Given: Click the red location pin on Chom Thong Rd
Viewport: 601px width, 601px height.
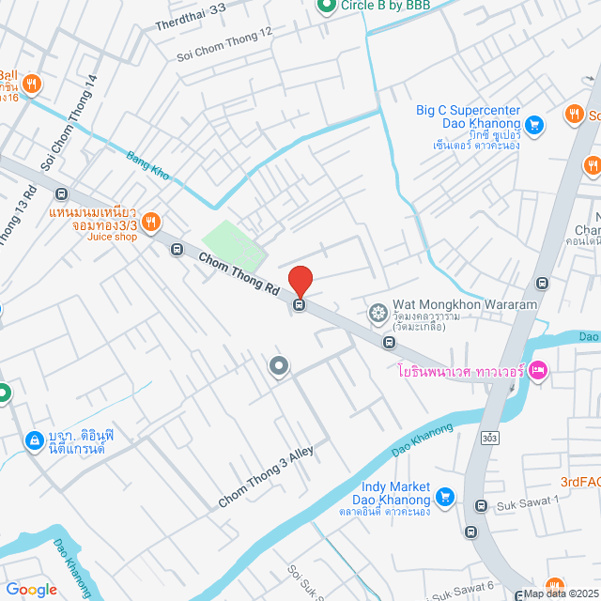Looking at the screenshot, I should [x=300, y=281].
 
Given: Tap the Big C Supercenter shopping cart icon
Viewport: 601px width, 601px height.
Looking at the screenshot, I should [x=533, y=124].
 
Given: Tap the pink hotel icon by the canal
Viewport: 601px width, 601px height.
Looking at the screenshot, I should [x=538, y=372].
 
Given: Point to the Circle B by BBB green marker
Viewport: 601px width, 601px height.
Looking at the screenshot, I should [x=326, y=6].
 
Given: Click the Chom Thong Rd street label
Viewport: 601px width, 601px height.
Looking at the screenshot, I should [x=239, y=272].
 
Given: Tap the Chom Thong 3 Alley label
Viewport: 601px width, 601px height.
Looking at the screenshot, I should [x=266, y=479].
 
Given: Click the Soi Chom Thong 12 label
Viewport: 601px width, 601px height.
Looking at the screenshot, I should [x=224, y=45].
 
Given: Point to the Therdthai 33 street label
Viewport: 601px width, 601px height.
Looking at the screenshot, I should [x=192, y=16].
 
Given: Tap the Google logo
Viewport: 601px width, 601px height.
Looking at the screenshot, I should [x=31, y=589].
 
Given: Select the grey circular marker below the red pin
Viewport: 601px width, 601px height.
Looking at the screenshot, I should [x=279, y=366].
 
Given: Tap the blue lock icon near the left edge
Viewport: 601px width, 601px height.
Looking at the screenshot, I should [x=34, y=439].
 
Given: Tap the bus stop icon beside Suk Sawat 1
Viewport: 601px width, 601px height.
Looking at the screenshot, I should [x=482, y=507].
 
